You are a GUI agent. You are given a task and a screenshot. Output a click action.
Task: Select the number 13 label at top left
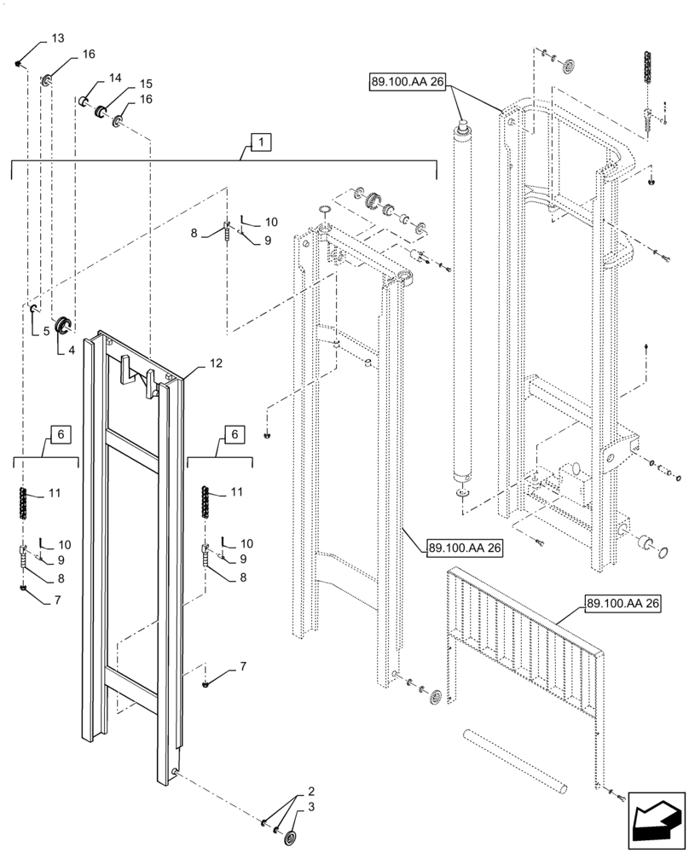point(57,39)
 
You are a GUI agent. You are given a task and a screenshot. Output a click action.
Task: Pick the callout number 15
point(146,84)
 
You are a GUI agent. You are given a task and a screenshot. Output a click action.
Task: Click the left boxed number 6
point(60,435)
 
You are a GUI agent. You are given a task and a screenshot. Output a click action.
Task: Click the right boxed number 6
point(232,435)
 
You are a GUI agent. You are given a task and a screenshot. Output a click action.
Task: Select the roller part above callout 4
point(62,324)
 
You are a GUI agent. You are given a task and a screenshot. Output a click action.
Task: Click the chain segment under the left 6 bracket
point(24,502)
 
